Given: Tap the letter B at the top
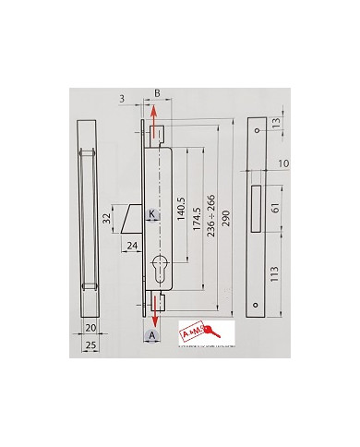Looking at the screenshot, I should (x=157, y=94).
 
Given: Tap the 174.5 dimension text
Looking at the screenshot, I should (x=196, y=223).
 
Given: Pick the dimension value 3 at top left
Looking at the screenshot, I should (x=121, y=96).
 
